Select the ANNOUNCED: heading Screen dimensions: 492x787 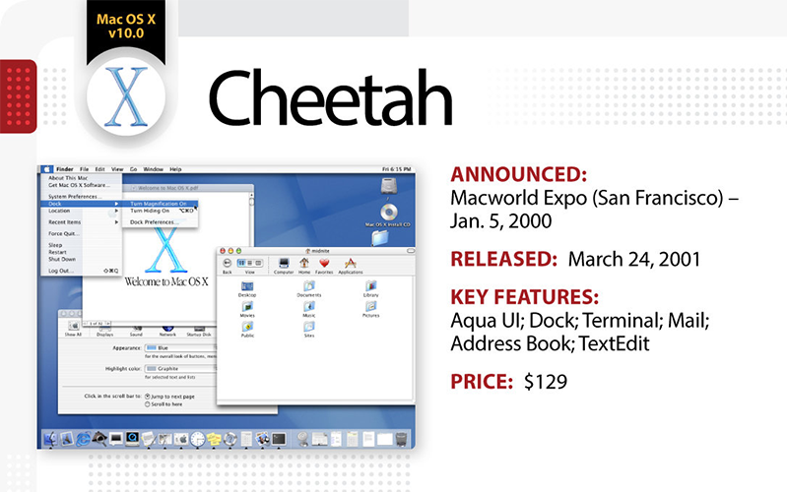518,175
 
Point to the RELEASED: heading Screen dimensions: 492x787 505,260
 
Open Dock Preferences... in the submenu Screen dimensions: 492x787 155,222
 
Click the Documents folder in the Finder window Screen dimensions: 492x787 309,287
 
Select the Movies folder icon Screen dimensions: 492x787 247,308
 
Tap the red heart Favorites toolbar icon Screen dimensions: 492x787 323,263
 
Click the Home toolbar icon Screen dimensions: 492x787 303,263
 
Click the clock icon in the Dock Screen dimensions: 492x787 198,439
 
